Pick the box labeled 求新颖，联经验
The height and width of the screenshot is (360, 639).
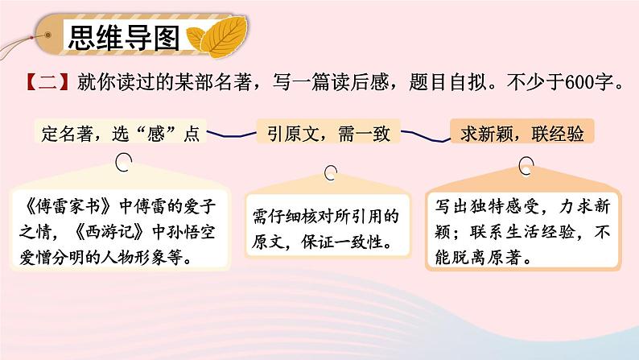click(x=522, y=134)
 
